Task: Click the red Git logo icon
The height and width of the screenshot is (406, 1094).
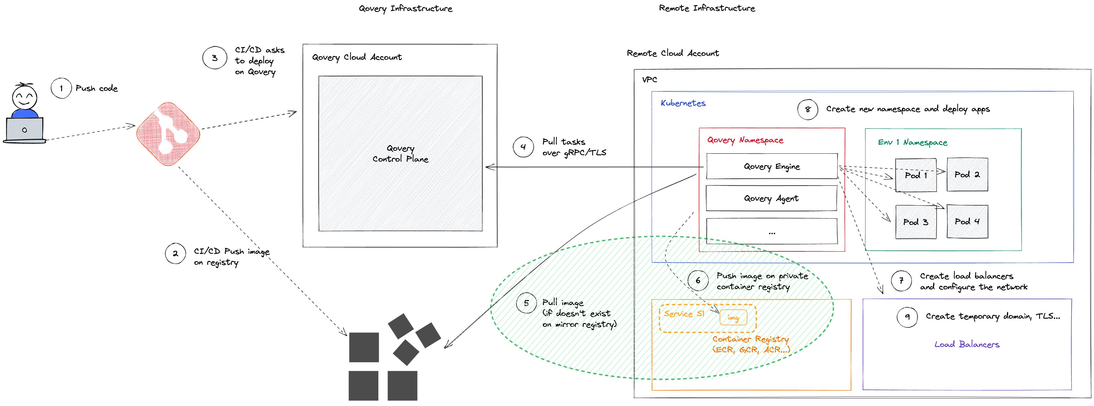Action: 168,134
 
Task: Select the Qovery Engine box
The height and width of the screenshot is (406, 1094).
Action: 772,166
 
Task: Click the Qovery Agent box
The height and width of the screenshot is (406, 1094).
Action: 771,198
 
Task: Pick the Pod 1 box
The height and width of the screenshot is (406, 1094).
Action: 916,175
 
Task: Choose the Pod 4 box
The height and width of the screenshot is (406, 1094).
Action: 967,221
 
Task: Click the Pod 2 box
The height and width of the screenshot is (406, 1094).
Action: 967,175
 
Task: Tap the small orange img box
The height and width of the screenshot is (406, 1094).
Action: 733,318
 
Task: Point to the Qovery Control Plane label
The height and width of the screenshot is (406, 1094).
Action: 400,153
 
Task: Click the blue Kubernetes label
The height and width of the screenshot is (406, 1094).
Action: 683,103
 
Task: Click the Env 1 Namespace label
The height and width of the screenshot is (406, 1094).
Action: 913,142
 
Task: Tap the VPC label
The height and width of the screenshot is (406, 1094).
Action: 649,79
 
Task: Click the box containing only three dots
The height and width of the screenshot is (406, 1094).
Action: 772,231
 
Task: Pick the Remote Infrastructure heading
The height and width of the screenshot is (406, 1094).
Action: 707,8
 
